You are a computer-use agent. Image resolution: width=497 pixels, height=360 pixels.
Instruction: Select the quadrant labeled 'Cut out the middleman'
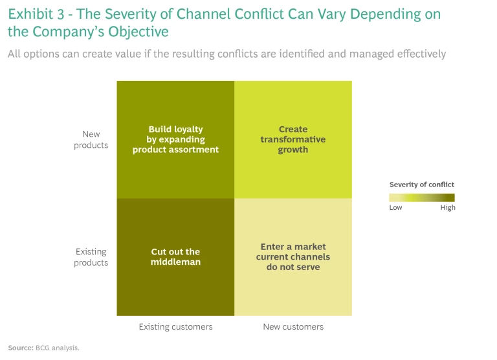(175, 257)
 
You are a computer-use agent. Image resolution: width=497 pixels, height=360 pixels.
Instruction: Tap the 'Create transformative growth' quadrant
(293, 139)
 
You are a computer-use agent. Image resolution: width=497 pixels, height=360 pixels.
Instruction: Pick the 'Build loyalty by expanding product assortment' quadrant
(175, 139)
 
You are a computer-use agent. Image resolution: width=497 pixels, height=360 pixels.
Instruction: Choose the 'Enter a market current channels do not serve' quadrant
(293, 257)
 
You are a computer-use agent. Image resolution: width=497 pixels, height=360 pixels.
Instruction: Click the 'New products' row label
(91, 140)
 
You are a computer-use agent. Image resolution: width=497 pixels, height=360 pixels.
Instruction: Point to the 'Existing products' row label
(91, 257)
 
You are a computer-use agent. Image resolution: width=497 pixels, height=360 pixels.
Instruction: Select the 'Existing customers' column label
(175, 327)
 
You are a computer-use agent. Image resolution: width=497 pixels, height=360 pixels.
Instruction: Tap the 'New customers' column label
(293, 327)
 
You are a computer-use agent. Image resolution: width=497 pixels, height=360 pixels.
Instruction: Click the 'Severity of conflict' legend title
(422, 185)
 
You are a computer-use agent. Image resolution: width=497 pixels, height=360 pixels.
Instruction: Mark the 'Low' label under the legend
(395, 208)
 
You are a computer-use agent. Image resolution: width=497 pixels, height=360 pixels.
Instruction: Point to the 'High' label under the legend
(448, 208)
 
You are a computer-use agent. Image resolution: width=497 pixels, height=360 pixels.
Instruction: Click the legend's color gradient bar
(422, 197)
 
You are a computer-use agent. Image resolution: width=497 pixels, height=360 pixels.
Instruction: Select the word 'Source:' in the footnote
(21, 348)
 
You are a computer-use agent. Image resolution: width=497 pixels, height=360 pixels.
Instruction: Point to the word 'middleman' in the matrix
(175, 262)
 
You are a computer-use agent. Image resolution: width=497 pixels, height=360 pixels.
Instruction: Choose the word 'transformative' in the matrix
(293, 139)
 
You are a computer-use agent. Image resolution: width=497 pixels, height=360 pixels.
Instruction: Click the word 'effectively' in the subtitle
(421, 54)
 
